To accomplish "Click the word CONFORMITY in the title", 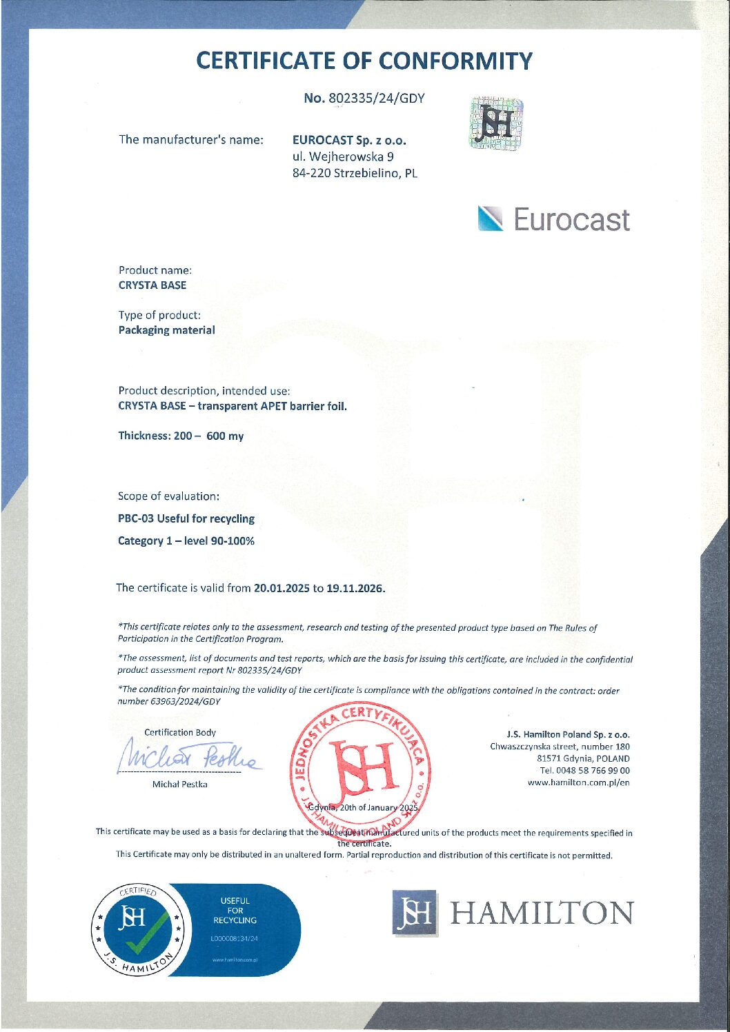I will click(x=457, y=61).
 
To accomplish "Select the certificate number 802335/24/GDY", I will click(x=376, y=98).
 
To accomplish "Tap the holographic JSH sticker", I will click(x=496, y=124).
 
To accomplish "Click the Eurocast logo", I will click(x=553, y=220).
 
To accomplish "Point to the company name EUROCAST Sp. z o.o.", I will click(x=348, y=140).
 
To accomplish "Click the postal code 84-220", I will click(x=311, y=173).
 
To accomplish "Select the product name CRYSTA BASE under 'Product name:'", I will click(x=152, y=285).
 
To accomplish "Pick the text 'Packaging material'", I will click(x=166, y=330).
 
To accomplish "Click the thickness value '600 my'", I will click(x=224, y=436).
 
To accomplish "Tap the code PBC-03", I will click(x=136, y=518).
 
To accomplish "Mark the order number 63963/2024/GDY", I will click(x=186, y=701).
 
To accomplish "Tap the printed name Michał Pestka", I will click(x=179, y=784).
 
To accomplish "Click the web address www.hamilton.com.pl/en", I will click(x=578, y=782).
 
